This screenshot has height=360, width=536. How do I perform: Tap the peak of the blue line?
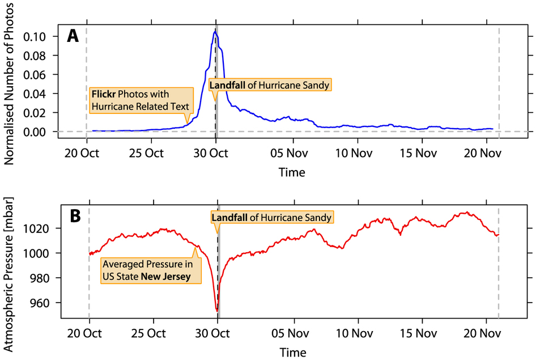[215, 32]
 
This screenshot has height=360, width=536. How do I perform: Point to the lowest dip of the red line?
[217, 311]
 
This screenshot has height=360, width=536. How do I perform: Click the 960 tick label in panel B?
[42, 303]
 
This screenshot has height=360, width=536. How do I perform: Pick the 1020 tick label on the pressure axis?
[39, 228]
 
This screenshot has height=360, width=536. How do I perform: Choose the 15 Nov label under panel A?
[418, 153]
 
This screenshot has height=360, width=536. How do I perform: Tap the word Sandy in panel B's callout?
[317, 218]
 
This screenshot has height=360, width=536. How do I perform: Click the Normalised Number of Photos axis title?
[11, 83]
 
